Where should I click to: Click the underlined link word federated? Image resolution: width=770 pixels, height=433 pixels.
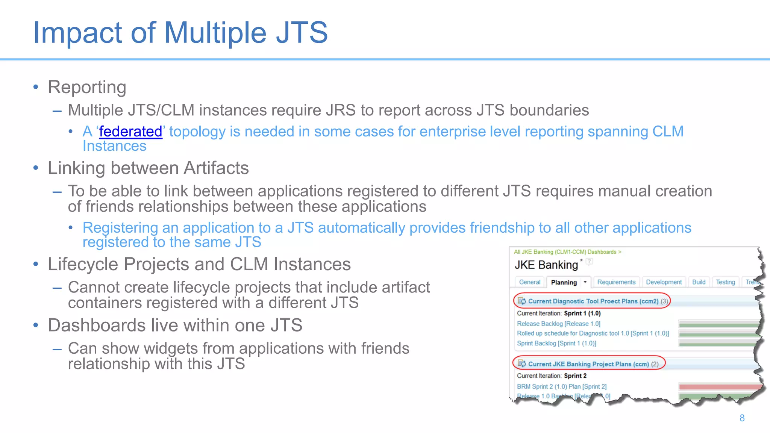pyautogui.click(x=130, y=132)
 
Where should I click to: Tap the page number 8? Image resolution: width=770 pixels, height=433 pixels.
pyautogui.click(x=742, y=418)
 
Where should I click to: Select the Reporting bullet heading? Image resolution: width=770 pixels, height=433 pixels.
pyautogui.click(x=87, y=87)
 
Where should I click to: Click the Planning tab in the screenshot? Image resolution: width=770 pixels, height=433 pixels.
pyautogui.click(x=564, y=282)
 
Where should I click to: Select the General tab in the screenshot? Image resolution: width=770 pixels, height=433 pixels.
pyautogui.click(x=529, y=282)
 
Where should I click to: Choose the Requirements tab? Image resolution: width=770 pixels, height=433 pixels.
pyautogui.click(x=616, y=282)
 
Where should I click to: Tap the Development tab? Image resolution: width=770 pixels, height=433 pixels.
pyautogui.click(x=664, y=282)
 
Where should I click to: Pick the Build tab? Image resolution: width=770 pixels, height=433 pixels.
pyautogui.click(x=699, y=282)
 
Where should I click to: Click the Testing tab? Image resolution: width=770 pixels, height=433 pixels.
pyautogui.click(x=725, y=282)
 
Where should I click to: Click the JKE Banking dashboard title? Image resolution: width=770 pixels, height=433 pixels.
pyautogui.click(x=546, y=265)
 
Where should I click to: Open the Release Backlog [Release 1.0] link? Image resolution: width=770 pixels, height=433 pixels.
pyautogui.click(x=558, y=324)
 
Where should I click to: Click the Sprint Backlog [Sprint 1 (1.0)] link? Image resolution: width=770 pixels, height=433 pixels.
pyautogui.click(x=556, y=343)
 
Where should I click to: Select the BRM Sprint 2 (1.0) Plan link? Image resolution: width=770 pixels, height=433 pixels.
pyautogui.click(x=562, y=386)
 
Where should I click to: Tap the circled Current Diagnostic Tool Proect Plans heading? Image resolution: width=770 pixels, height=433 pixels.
pyautogui.click(x=593, y=301)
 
